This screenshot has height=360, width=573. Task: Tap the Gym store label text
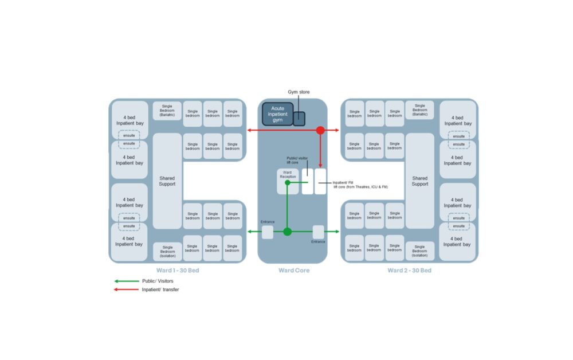point(299,92)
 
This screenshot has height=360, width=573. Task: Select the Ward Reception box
point(288,174)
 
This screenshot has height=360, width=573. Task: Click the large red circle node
point(320,131)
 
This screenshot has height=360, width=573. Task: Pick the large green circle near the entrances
point(288,232)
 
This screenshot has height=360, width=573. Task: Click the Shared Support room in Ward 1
point(167,181)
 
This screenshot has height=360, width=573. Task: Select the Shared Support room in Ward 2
point(419,181)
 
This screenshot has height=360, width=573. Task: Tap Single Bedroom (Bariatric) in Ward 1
point(167,111)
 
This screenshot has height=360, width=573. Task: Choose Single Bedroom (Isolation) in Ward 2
point(419,251)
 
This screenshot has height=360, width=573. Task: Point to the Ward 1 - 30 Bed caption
point(178,271)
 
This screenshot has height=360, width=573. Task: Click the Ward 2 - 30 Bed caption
point(409,271)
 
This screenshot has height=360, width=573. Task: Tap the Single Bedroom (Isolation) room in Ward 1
point(167,251)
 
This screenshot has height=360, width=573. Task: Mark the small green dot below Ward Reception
point(288,183)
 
